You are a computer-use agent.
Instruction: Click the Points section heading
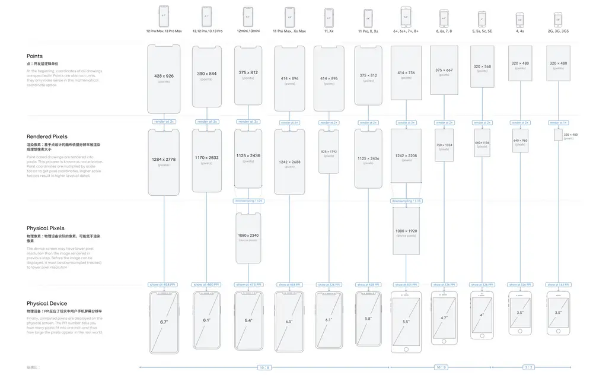[x=34, y=56]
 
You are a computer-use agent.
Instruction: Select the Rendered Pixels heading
[x=46, y=137]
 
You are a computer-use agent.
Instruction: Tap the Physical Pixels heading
[x=46, y=228]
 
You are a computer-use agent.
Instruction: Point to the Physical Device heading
[x=46, y=304]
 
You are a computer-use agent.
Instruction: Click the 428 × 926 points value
[x=164, y=77]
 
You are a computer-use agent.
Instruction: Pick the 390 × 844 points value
[x=206, y=74]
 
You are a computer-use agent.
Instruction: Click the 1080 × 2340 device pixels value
[x=248, y=236]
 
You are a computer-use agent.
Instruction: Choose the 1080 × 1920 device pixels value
[x=406, y=231]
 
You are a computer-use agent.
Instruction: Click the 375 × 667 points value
[x=444, y=70]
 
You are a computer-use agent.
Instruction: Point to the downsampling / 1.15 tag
[x=406, y=201]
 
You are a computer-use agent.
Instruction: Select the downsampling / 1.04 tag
[x=248, y=201]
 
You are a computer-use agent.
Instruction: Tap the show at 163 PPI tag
[x=558, y=285]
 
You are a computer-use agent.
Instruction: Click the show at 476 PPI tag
[x=248, y=285]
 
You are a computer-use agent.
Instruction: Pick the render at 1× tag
[x=558, y=122]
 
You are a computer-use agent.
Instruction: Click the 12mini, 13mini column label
[x=248, y=31]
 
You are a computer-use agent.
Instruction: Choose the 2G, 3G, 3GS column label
[x=558, y=31]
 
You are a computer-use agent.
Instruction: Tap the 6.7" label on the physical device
[x=164, y=321]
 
